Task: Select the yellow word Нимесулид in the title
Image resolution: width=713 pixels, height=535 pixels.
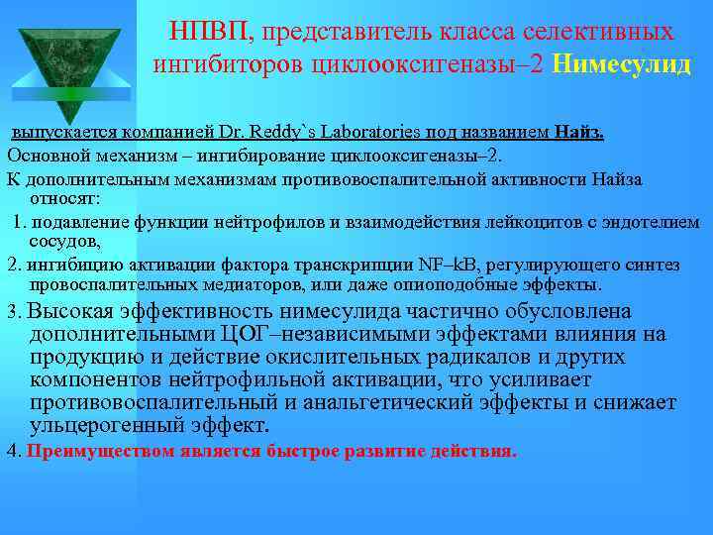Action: pos(623,64)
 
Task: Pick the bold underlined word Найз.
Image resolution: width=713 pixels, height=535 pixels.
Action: pos(579,132)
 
